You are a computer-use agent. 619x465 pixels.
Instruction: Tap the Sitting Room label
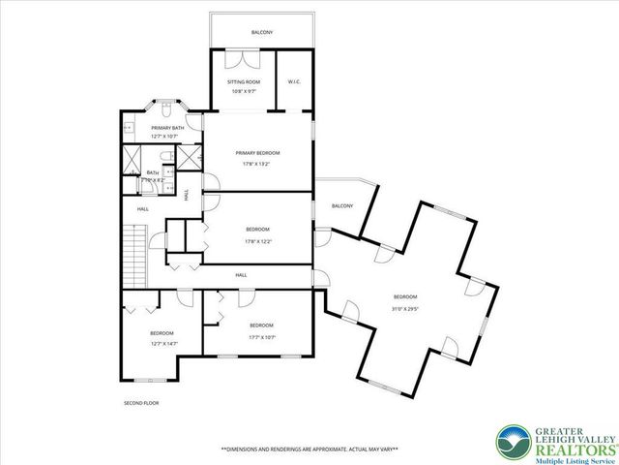point(244,82)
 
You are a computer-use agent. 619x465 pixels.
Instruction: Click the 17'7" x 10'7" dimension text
point(261,336)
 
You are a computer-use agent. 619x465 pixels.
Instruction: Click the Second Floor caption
point(140,403)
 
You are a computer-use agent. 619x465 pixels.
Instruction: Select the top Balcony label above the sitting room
point(262,33)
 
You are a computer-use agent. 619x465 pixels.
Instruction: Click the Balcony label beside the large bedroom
point(341,205)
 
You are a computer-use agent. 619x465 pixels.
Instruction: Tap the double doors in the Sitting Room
point(237,58)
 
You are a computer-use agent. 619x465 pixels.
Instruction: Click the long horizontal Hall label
point(241,275)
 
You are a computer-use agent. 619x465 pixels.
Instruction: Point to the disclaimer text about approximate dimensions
point(309,449)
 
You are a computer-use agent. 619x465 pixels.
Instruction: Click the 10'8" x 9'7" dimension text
point(244,92)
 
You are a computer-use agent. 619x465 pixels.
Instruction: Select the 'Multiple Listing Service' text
point(567,451)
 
